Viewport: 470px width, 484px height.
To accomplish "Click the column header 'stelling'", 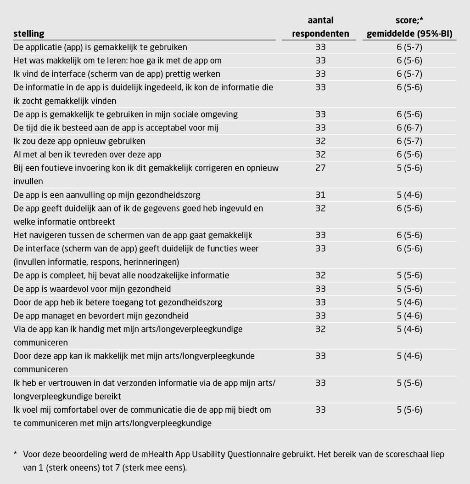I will [29, 34].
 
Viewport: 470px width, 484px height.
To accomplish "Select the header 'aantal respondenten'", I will [320, 27].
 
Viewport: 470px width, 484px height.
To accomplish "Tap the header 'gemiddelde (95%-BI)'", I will [408, 34].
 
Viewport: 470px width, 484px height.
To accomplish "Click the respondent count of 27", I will [320, 168].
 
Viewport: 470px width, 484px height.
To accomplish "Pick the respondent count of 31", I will [320, 195].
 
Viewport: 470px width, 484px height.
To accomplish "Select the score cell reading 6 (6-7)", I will [408, 128].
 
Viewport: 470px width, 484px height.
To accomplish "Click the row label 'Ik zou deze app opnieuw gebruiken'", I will [79, 141].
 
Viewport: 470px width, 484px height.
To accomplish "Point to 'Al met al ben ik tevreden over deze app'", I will [87, 154].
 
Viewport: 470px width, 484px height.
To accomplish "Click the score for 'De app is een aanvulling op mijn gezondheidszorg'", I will [408, 195].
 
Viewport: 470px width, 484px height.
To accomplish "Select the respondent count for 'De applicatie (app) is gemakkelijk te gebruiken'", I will [320, 47].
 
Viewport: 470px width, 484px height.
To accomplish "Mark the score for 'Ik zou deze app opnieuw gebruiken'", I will [408, 141].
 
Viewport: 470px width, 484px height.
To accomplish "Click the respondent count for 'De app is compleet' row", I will [320, 275].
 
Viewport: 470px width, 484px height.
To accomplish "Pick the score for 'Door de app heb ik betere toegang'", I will [408, 302].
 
